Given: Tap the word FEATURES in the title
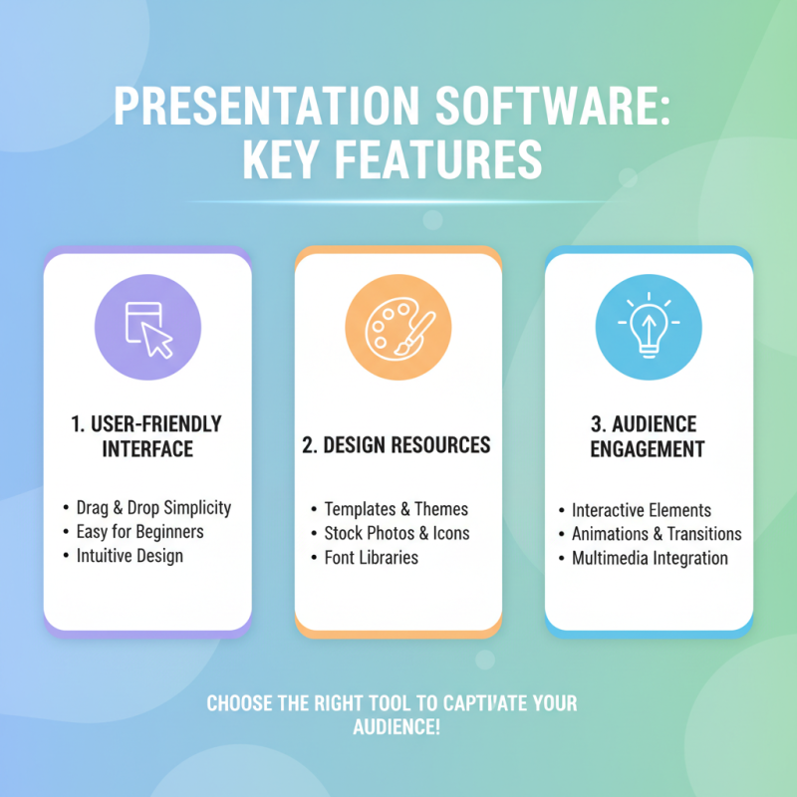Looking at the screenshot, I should pos(436,159).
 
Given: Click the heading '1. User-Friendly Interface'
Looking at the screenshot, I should pos(147,436).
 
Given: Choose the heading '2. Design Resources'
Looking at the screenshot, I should pos(397,444).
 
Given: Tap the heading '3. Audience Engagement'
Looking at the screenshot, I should pos(649,436).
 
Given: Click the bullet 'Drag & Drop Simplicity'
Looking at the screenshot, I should pos(153,508).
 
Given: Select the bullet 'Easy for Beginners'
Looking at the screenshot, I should pos(139,532).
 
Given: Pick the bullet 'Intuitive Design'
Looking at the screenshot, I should pos(130,556).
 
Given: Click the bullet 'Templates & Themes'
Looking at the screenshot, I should pos(396,509).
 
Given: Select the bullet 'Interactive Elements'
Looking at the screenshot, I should pos(641,510).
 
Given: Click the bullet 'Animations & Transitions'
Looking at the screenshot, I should pos(657,534).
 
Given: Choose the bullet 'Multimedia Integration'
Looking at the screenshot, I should pos(650,558).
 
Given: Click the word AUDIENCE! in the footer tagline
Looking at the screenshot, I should pos(398,728).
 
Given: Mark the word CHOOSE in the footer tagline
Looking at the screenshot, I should pos(240,704).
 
